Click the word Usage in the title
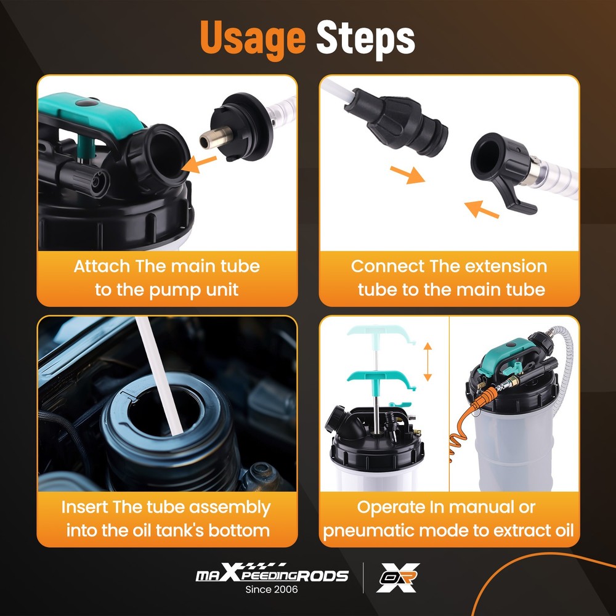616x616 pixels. (253, 38)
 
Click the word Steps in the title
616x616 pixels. (365, 38)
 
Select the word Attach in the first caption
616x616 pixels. (102, 267)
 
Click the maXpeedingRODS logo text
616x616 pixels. (272, 576)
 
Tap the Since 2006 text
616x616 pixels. (272, 590)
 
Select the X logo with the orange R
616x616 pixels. (398, 578)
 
